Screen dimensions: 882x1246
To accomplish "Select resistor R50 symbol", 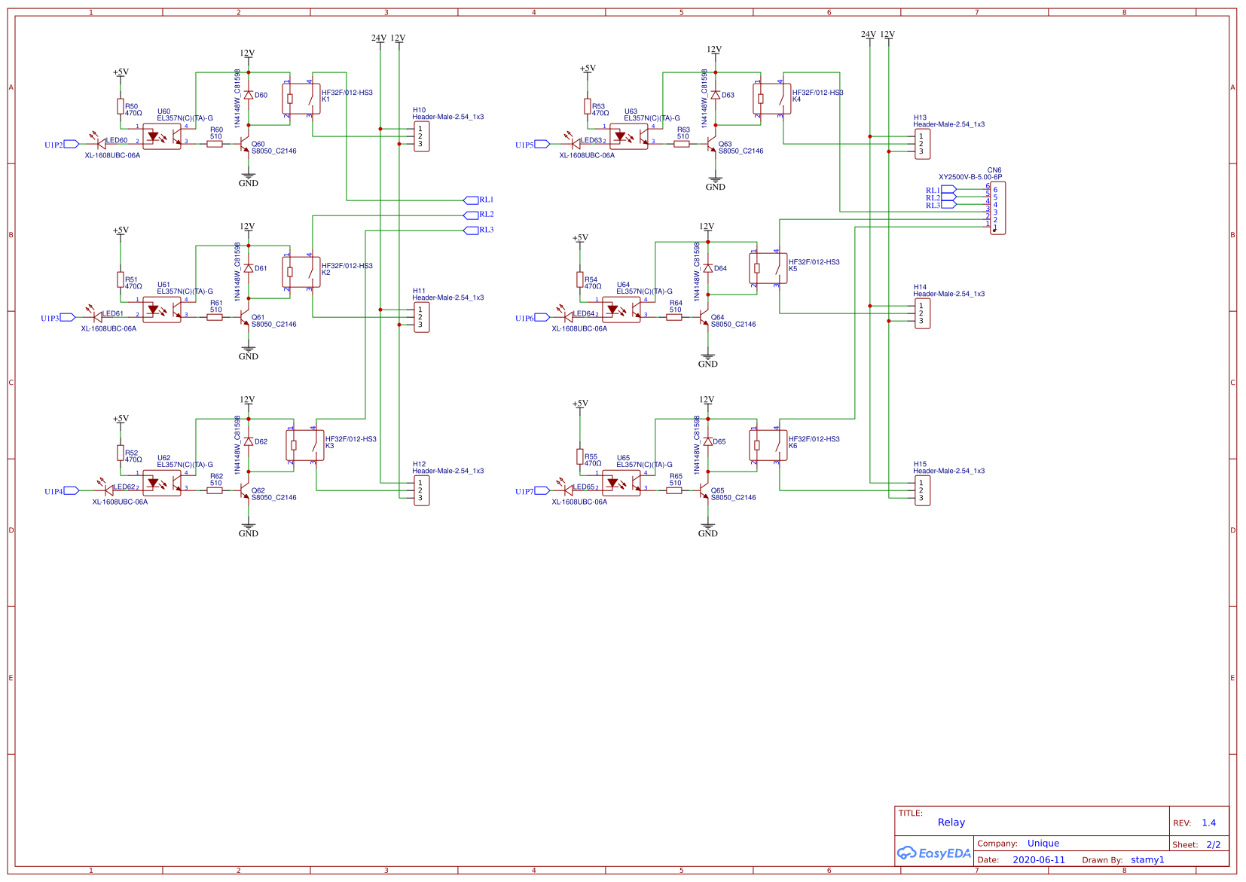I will pyautogui.click(x=121, y=106).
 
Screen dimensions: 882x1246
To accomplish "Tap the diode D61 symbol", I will pyautogui.click(x=248, y=268).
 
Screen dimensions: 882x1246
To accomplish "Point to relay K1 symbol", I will pyautogui.click(x=301, y=99).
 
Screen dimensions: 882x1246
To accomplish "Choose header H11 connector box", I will pyautogui.click(x=422, y=317).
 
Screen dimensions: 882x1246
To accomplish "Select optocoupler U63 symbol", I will pyautogui.click(x=629, y=136).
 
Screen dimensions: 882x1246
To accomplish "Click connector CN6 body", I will pyautogui.click(x=997, y=208).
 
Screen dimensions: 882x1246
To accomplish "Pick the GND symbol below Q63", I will pyautogui.click(x=715, y=183).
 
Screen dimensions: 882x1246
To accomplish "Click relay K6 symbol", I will pyautogui.click(x=768, y=445).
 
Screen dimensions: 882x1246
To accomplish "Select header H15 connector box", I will pyautogui.click(x=923, y=490).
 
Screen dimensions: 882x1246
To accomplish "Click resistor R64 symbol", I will pyautogui.click(x=674, y=317).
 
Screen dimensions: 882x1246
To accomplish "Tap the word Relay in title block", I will pyautogui.click(x=951, y=822).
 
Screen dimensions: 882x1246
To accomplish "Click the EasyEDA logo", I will pyautogui.click(x=933, y=853).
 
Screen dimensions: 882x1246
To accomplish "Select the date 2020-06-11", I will pyautogui.click(x=1038, y=860).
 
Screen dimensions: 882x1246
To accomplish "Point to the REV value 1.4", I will pyautogui.click(x=1208, y=823).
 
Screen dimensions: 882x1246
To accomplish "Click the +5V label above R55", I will pyautogui.click(x=580, y=404).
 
